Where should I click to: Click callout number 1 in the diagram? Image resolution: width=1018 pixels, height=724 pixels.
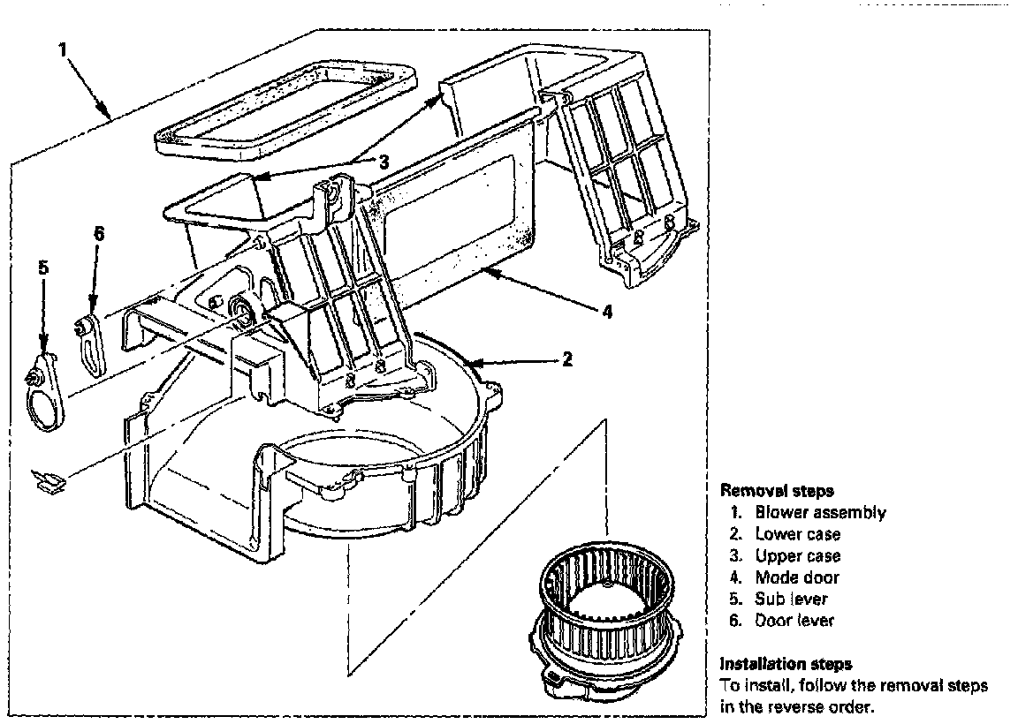pyautogui.click(x=63, y=49)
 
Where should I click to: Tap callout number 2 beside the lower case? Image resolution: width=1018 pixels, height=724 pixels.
pyautogui.click(x=567, y=359)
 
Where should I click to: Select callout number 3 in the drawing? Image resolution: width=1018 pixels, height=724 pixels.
pyautogui.click(x=384, y=162)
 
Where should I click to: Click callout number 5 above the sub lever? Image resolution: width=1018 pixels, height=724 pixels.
pyautogui.click(x=42, y=266)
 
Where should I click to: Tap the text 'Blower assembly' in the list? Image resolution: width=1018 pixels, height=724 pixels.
pyautogui.click(x=820, y=513)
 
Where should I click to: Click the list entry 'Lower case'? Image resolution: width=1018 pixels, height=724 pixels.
pyautogui.click(x=797, y=534)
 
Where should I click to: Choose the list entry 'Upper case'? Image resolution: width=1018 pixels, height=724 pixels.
pyautogui.click(x=798, y=556)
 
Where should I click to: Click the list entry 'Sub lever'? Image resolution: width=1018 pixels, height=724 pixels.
pyautogui.click(x=792, y=599)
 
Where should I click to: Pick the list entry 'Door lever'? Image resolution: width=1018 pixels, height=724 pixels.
pyautogui.click(x=794, y=621)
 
